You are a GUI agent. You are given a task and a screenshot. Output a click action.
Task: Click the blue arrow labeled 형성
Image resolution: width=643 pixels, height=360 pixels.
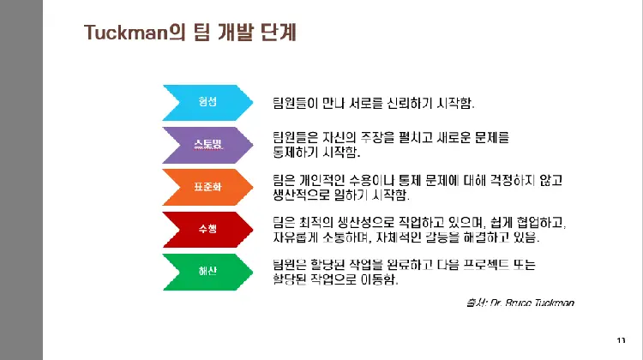(207, 102)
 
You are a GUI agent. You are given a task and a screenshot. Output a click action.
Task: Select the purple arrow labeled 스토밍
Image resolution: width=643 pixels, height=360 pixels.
(207, 144)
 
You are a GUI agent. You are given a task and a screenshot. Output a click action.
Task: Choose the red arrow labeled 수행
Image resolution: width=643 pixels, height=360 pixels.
(207, 229)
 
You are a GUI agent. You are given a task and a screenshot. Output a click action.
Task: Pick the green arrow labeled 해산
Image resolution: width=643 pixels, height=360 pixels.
(207, 271)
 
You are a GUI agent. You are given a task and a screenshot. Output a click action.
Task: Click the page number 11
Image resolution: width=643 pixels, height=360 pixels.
(621, 339)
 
